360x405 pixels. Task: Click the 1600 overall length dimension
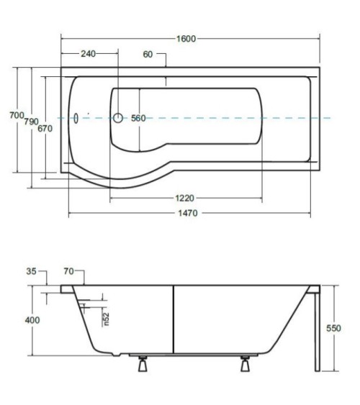[186, 39]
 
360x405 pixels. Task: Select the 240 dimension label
[88, 54]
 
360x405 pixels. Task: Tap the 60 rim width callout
[148, 54]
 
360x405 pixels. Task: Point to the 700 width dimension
[17, 115]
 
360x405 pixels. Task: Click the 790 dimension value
[31, 122]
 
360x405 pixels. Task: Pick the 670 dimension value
[45, 128]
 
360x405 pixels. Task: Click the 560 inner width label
[138, 118]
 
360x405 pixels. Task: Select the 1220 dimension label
[185, 198]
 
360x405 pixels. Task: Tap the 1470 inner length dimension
[188, 213]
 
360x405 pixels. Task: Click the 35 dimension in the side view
[31, 271]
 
